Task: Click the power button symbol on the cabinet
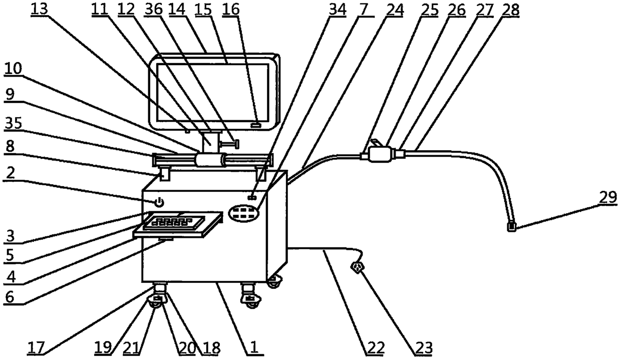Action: (159, 202)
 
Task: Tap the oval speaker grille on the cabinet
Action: (245, 213)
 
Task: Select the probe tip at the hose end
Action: (512, 227)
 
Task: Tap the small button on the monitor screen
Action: (257, 124)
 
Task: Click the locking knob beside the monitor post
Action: (233, 145)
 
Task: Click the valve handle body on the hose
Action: (377, 154)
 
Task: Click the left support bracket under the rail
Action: (164, 175)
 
